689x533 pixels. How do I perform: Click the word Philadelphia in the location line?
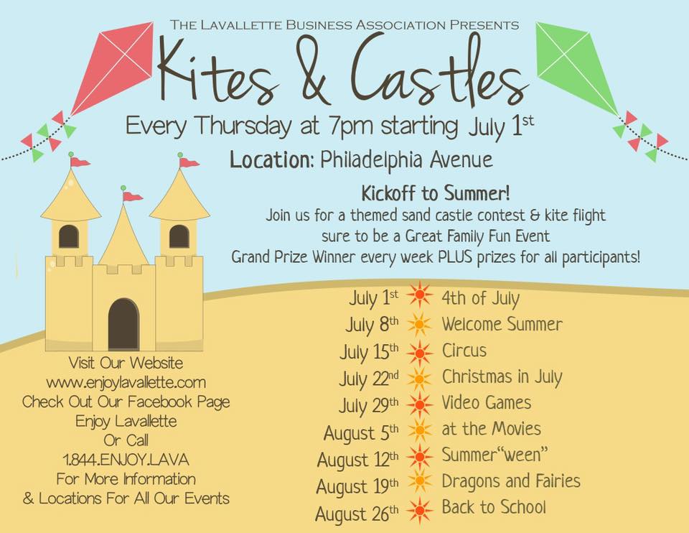click(371, 159)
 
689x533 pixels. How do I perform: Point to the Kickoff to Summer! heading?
click(436, 193)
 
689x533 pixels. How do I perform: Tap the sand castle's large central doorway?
click(123, 324)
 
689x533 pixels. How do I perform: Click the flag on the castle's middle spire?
click(131, 195)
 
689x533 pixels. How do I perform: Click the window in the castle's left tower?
click(69, 236)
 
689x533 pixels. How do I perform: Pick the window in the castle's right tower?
click(179, 236)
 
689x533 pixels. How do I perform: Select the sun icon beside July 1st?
click(420, 295)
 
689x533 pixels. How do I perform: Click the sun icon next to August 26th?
click(420, 510)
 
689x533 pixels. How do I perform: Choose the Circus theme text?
click(464, 351)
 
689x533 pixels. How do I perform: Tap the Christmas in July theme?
click(502, 377)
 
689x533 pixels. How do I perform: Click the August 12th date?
click(357, 460)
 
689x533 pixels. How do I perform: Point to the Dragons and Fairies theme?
click(511, 481)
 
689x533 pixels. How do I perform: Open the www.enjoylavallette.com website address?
click(126, 383)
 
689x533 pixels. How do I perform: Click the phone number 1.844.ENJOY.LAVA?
click(126, 460)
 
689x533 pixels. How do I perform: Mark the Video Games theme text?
click(487, 403)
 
